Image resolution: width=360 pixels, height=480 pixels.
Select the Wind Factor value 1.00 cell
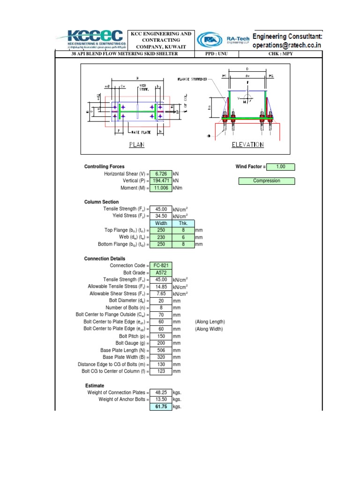(281, 167)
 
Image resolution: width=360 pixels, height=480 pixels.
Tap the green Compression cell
(267, 181)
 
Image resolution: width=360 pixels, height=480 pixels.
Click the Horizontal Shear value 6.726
(161, 174)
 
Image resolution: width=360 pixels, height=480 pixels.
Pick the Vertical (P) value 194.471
(161, 181)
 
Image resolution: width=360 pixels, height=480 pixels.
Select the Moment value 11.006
(161, 188)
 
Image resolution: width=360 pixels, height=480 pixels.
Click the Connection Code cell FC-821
(161, 266)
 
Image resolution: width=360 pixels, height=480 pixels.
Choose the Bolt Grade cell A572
(161, 273)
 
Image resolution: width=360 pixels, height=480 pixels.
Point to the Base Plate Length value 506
(161, 350)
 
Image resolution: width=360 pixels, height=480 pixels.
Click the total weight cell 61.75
(161, 407)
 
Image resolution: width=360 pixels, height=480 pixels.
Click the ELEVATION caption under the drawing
(248, 145)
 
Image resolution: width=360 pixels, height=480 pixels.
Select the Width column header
(161, 224)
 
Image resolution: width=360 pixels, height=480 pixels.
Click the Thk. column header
(183, 224)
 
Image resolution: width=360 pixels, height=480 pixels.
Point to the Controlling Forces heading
(104, 167)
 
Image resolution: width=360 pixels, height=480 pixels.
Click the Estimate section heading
(95, 386)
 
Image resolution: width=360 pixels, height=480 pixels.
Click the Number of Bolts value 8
(161, 308)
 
